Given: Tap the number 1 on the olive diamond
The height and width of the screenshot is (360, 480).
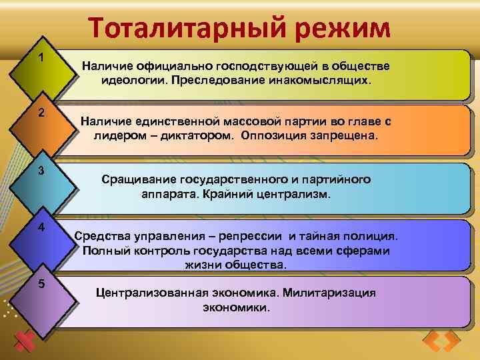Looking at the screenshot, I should coord(41,58).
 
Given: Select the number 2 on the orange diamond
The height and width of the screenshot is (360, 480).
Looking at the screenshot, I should coord(41,113).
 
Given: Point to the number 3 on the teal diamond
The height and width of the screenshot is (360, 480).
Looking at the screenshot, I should coord(41,171).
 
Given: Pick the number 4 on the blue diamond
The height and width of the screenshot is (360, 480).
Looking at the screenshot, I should coord(41,227).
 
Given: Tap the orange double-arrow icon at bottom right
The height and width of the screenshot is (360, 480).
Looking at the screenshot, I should coord(441,341).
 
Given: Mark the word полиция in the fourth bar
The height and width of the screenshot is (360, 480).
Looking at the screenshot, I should coord(373,236).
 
